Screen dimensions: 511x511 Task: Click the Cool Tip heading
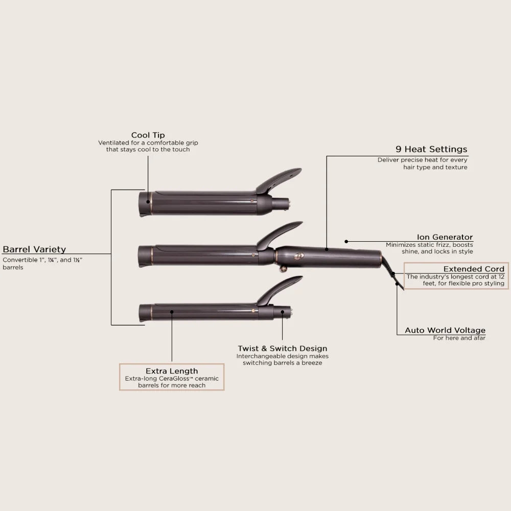point(148,135)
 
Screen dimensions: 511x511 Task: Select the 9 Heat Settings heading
point(431,149)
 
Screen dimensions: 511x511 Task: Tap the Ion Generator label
point(445,237)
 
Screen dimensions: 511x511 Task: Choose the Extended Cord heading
point(473,269)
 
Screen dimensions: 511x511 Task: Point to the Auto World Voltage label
point(445,330)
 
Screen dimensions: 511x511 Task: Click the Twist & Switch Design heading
point(282,349)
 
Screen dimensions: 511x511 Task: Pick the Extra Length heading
point(172,370)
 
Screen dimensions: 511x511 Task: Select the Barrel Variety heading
point(34,249)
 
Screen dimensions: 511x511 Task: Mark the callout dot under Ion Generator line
point(346,241)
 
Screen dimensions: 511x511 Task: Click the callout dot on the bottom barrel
point(172,310)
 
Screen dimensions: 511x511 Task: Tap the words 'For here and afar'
point(459,338)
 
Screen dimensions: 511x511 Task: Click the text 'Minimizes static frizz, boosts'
point(429,244)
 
